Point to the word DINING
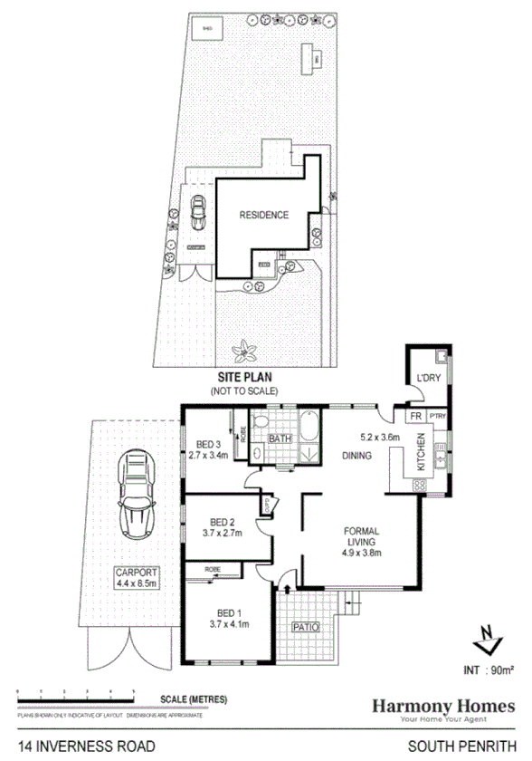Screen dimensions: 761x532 pyautogui.click(x=356, y=455)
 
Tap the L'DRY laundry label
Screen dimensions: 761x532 pyautogui.click(x=427, y=378)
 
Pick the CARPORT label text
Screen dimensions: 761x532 pyautogui.click(x=135, y=573)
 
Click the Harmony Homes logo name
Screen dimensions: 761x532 pyautogui.click(x=444, y=705)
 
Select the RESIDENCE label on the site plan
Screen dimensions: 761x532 pyautogui.click(x=263, y=216)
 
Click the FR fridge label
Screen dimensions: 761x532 pyautogui.click(x=415, y=415)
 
